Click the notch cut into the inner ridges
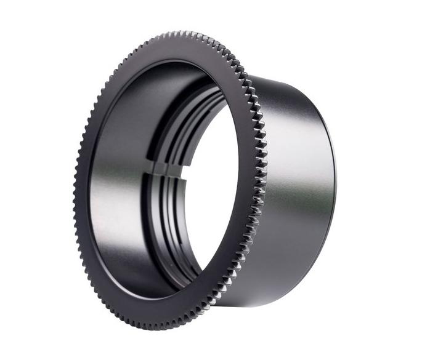click(x=168, y=169)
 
